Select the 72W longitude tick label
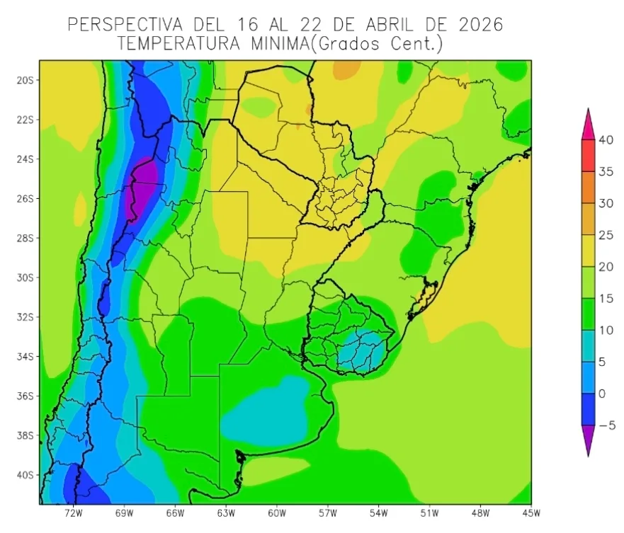pos(74,512)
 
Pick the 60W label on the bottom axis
pos(277,512)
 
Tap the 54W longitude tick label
pos(378,512)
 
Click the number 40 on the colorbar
pos(606,140)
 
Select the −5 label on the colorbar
pos(606,425)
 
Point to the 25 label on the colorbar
pos(606,235)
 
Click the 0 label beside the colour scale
pos(602,394)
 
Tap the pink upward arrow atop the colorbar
pos(588,125)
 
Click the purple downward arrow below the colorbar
pos(588,440)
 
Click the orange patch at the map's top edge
pos(346,69)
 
